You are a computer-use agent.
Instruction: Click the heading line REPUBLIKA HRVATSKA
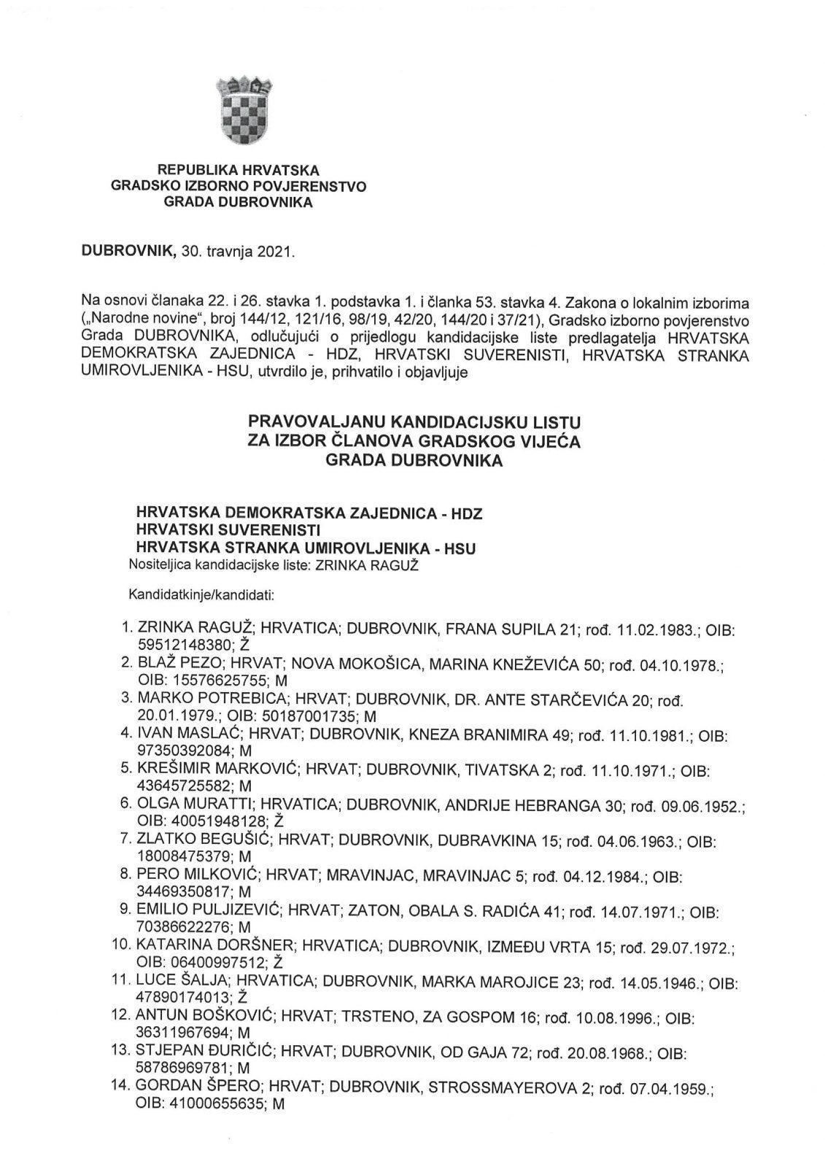click(x=239, y=171)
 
